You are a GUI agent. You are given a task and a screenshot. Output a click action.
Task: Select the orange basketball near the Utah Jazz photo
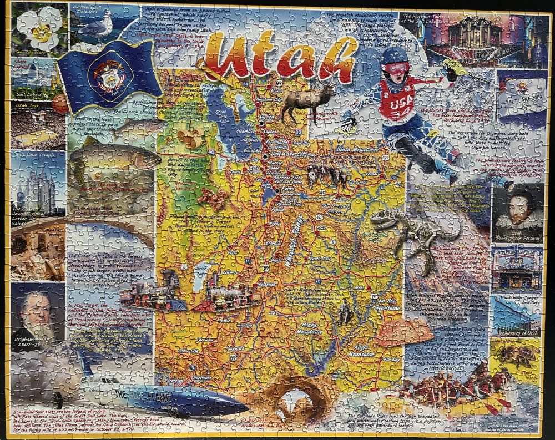pyautogui.click(x=60, y=105)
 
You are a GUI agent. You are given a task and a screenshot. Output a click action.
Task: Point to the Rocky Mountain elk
pyautogui.click(x=307, y=103)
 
